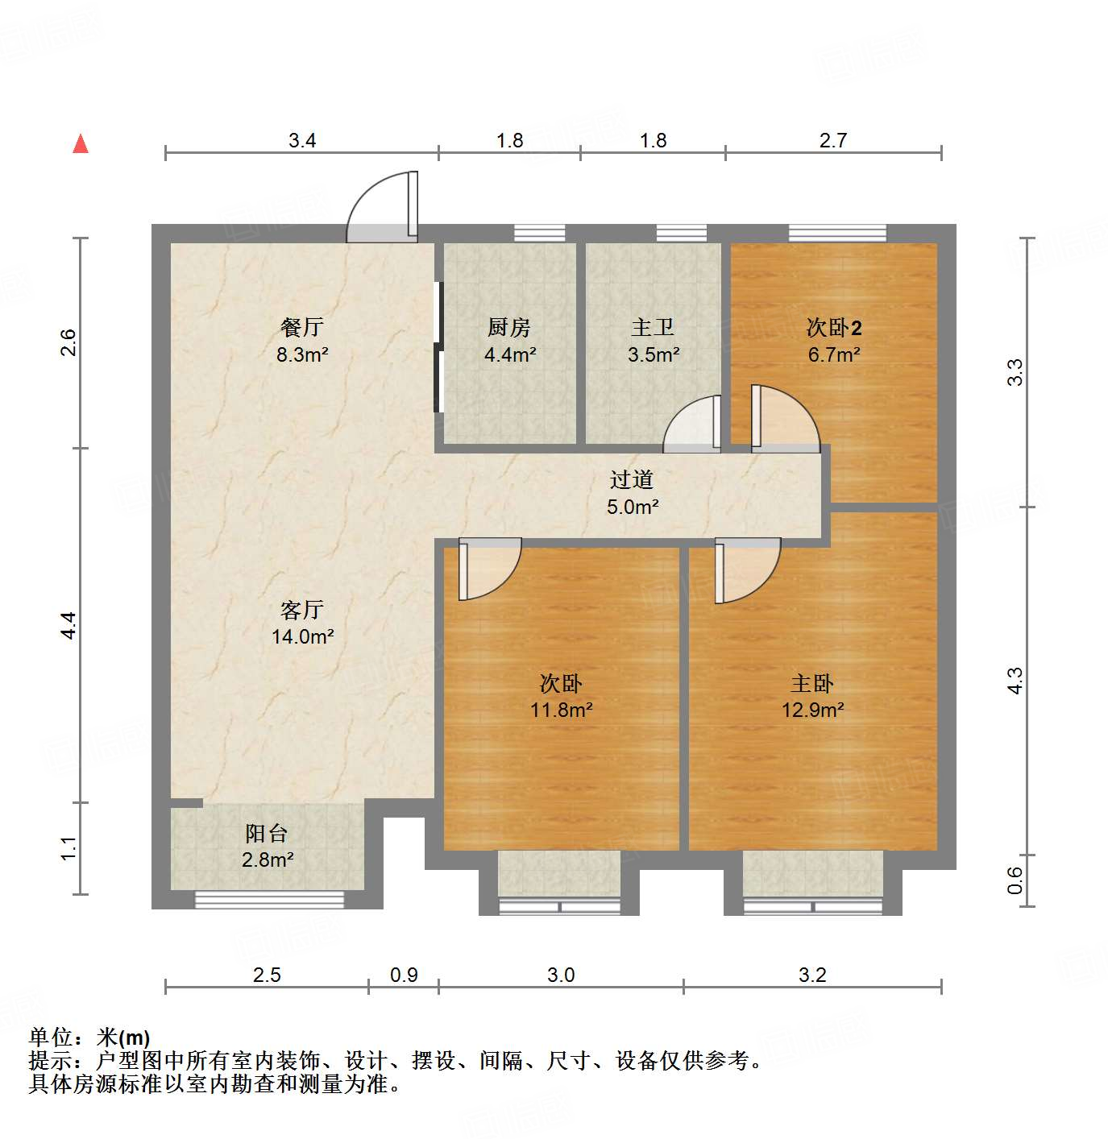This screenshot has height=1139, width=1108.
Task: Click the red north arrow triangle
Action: (x=81, y=143)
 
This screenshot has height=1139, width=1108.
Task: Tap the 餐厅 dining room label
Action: (x=302, y=327)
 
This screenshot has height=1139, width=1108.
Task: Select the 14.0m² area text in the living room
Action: (x=302, y=636)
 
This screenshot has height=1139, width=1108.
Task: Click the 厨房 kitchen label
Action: (x=509, y=327)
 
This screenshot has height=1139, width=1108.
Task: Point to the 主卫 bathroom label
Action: (x=653, y=327)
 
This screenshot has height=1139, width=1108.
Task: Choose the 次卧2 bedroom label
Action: (x=834, y=327)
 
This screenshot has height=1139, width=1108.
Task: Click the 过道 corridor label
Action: (x=632, y=480)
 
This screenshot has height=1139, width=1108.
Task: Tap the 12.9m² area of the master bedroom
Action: (x=812, y=710)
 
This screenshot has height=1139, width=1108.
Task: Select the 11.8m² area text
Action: (x=561, y=710)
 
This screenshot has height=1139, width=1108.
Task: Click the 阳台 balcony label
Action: (x=267, y=833)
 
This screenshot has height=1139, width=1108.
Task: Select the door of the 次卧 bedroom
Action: (x=489, y=569)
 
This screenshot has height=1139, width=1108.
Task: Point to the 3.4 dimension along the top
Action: (x=302, y=141)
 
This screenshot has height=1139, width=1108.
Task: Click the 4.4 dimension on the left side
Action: (x=69, y=625)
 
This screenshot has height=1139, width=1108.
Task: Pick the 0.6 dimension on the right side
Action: (x=1015, y=880)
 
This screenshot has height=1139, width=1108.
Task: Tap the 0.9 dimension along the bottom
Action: (x=404, y=975)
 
